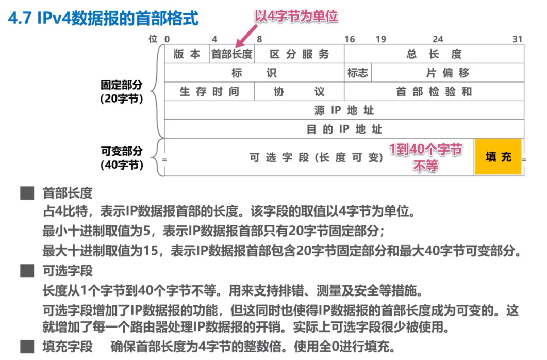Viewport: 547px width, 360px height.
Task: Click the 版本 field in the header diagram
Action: click(x=187, y=54)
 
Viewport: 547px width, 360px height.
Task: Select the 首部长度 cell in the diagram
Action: click(x=232, y=54)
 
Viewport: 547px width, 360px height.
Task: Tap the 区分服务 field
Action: click(x=300, y=54)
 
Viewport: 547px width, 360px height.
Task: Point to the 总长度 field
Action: click(x=434, y=54)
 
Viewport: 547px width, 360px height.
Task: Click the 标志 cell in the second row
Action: click(x=358, y=73)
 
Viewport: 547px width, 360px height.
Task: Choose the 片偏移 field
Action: click(x=447, y=73)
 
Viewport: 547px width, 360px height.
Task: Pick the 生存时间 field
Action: click(x=209, y=92)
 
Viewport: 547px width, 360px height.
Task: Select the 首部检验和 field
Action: click(x=434, y=92)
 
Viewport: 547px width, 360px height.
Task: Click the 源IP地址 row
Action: click(x=344, y=110)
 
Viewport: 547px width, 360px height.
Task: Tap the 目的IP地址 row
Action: click(x=344, y=129)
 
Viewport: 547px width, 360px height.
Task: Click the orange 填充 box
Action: click(x=498, y=157)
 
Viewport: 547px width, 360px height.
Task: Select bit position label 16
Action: click(x=350, y=39)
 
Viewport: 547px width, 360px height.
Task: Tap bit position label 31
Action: click(x=518, y=39)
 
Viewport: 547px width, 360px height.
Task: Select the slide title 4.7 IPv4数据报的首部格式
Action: click(x=103, y=19)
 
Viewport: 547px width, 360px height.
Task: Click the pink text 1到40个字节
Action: click(x=425, y=150)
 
